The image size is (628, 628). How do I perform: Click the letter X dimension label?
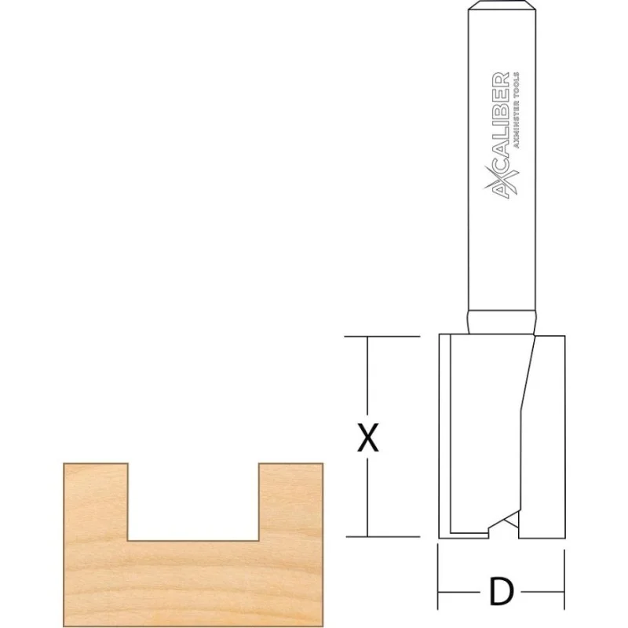(368, 438)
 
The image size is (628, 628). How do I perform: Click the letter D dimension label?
(501, 592)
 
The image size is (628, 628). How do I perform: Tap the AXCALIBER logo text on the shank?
(501, 135)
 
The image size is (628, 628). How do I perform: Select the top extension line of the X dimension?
(382, 337)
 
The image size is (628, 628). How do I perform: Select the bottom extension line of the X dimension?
(383, 537)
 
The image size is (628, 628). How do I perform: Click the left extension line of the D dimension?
(438, 576)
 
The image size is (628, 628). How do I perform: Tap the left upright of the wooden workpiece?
(96, 502)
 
